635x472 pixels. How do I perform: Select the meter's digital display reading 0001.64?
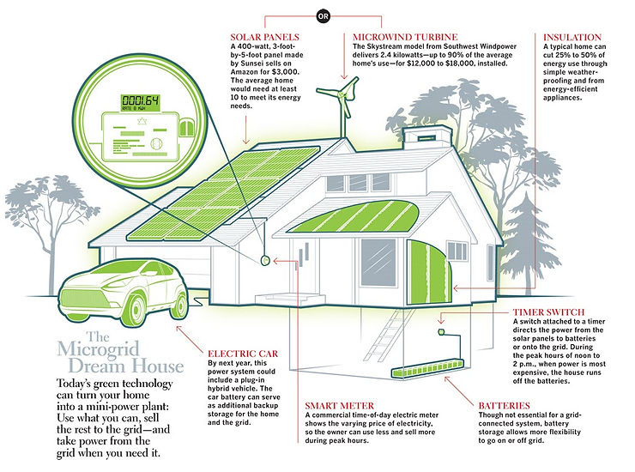tap(140, 99)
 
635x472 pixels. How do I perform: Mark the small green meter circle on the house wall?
tap(265, 258)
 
